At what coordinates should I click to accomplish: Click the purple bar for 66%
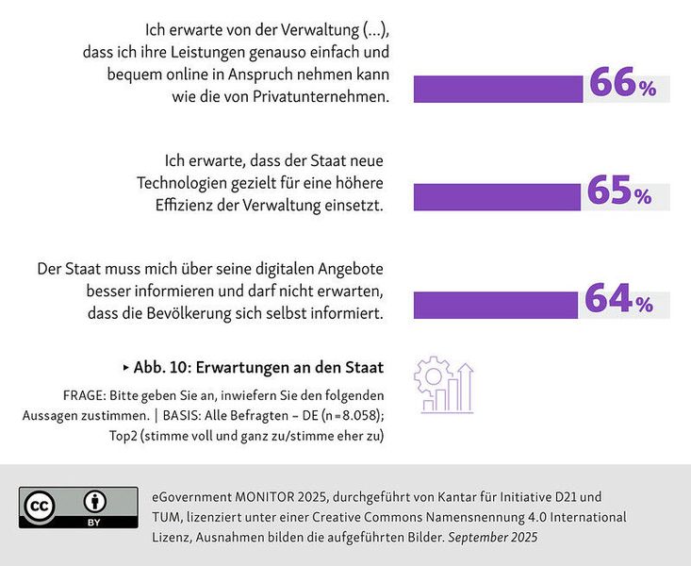point(500,90)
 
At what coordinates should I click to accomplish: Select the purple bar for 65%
point(497,196)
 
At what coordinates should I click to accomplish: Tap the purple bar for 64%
point(496,305)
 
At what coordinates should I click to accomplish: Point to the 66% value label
point(622,85)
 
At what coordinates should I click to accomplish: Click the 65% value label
point(619,192)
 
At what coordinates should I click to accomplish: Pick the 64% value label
point(618,300)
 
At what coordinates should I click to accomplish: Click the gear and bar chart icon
point(444,384)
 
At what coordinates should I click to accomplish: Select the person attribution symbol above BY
point(95,501)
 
